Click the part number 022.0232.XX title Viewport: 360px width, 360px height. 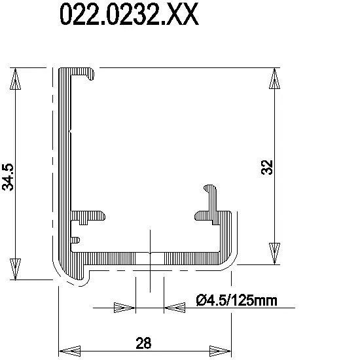[129, 15]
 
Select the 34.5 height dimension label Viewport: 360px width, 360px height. [8, 177]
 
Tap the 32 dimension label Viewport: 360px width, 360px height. [267, 168]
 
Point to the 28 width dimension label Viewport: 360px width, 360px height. [144, 343]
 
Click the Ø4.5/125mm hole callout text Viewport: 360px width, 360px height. [237, 300]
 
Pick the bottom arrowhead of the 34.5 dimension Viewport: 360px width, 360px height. [16, 269]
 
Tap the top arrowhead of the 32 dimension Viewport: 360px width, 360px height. [275, 79]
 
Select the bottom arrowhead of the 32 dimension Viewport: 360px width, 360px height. [275, 253]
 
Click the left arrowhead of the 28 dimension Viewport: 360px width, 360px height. [70, 351]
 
